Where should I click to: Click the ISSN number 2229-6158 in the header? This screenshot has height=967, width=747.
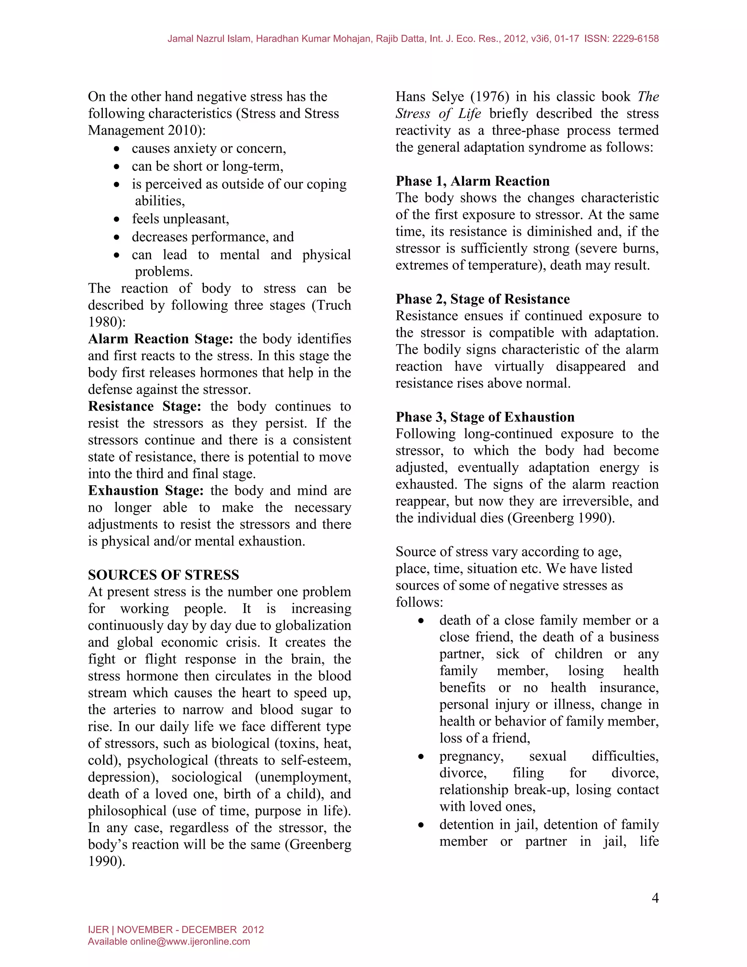coord(635,39)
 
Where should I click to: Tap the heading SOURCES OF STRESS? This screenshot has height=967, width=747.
coord(163,575)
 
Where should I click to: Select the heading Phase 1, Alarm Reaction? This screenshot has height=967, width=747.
coord(472,181)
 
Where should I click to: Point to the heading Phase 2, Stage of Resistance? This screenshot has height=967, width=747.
coord(482,299)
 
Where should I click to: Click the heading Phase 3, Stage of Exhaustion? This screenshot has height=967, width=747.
coord(485,417)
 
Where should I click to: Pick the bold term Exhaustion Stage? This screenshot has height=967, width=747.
coord(146,490)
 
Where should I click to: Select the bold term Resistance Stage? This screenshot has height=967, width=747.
coord(144,407)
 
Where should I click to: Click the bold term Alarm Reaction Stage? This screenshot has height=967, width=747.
coord(160,339)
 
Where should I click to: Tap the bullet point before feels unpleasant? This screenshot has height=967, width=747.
coord(116,219)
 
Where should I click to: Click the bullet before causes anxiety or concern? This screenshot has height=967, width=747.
coord(116,149)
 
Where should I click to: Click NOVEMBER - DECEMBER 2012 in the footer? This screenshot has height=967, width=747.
coord(190,929)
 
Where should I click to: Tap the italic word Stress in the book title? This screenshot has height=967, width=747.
coord(413,113)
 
